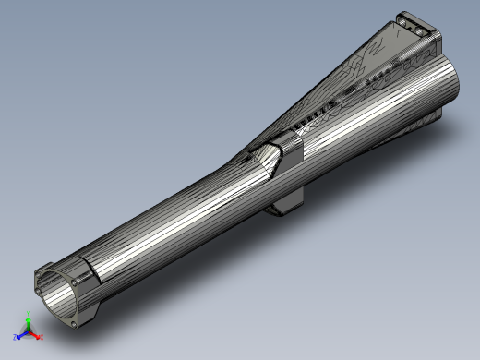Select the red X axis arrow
tap(37, 335)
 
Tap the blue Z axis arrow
tap(20, 335)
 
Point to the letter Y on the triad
tap(29, 316)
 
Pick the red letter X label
tap(42, 337)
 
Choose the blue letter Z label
tap(15, 338)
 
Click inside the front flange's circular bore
tap(59, 296)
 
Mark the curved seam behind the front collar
tap(93, 274)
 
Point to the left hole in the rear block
tap(407, 19)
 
